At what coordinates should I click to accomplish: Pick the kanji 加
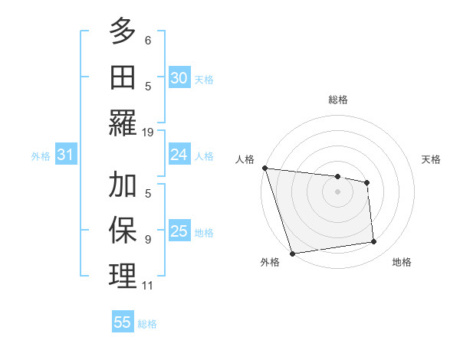click(x=123, y=185)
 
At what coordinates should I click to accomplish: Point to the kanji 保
click(x=123, y=229)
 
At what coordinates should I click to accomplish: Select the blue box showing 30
click(x=179, y=77)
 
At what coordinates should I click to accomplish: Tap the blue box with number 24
click(x=179, y=155)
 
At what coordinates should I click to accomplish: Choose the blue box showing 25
click(x=179, y=231)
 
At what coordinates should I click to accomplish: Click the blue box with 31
click(x=66, y=155)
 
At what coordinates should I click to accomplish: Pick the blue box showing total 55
click(x=123, y=322)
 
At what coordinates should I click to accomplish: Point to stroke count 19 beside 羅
click(x=148, y=133)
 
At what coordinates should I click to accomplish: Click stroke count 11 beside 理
click(x=148, y=286)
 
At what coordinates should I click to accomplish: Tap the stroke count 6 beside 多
click(x=148, y=41)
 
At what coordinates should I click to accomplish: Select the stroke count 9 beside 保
click(x=148, y=239)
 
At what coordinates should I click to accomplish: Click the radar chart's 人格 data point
click(x=264, y=168)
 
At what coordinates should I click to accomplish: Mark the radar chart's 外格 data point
click(x=292, y=254)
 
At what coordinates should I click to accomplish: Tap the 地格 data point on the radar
click(x=374, y=242)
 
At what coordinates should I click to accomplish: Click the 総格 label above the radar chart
click(x=338, y=100)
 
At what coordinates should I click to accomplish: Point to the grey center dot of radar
click(x=338, y=191)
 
